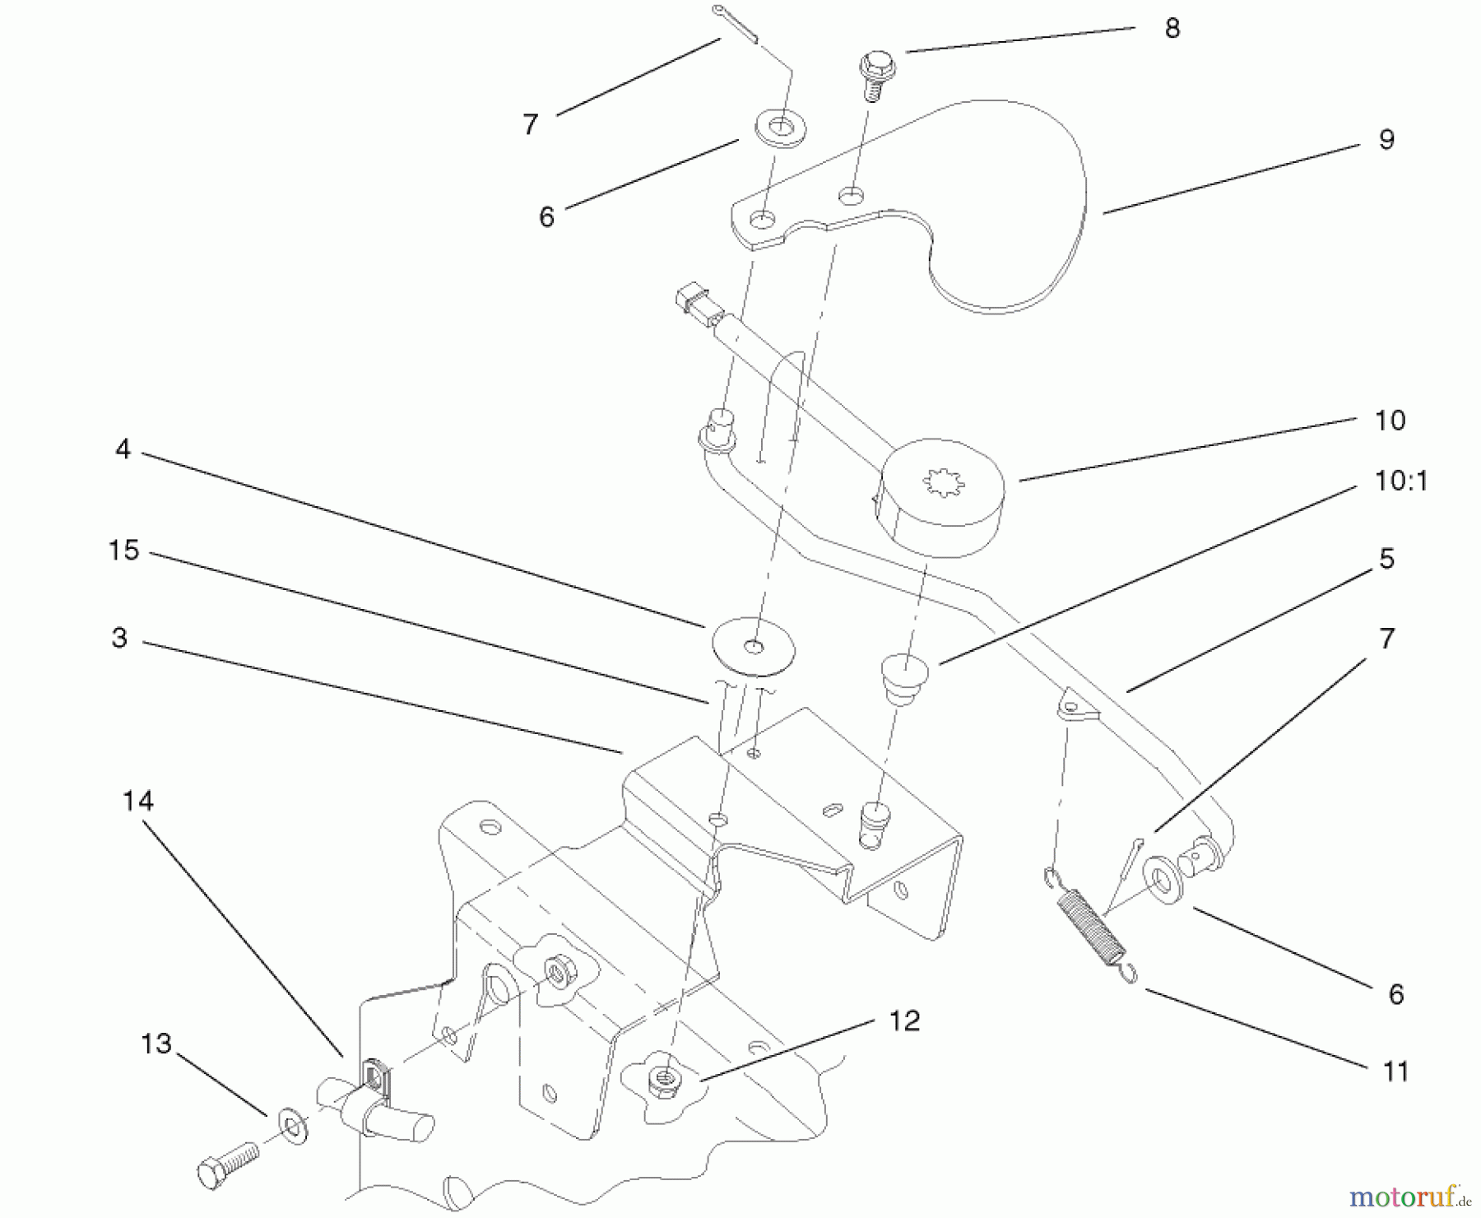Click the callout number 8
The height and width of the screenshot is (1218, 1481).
pos(1172,29)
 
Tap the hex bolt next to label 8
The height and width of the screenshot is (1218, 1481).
pos(874,74)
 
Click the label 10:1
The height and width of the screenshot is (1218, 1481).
pos(1400,481)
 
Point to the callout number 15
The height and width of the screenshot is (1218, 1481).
pos(124,551)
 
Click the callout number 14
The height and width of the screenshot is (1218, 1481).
pos(137,801)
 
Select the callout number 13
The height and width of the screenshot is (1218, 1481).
pos(156,1044)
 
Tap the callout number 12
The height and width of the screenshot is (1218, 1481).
pos(904,1021)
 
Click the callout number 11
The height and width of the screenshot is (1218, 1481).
pos(1395,1072)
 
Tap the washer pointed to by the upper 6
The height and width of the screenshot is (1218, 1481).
pos(780,128)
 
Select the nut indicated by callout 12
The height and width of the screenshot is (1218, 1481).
pos(663,1081)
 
